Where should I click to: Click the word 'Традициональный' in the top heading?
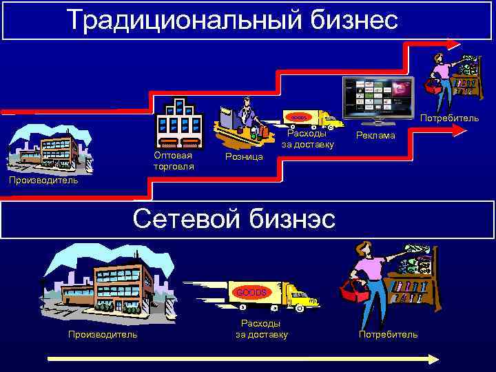pyautogui.click(x=178, y=20)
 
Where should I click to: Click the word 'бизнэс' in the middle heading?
pyautogui.click(x=289, y=219)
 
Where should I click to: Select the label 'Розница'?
pyautogui.click(x=244, y=158)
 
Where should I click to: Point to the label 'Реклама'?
pyautogui.click(x=375, y=136)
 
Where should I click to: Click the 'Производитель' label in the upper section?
pyautogui.click(x=39, y=180)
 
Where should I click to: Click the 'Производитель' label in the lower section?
pyautogui.click(x=102, y=334)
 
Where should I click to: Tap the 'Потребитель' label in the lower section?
pyautogui.click(x=388, y=334)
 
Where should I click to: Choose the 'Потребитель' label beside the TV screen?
pyautogui.click(x=449, y=118)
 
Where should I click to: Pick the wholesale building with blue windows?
pyautogui.click(x=179, y=124)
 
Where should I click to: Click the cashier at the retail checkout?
pyautogui.click(x=245, y=114)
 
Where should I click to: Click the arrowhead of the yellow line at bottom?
pyautogui.click(x=433, y=359)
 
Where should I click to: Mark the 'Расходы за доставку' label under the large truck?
pyautogui.click(x=261, y=329)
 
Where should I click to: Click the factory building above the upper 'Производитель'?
pyautogui.click(x=48, y=148)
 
